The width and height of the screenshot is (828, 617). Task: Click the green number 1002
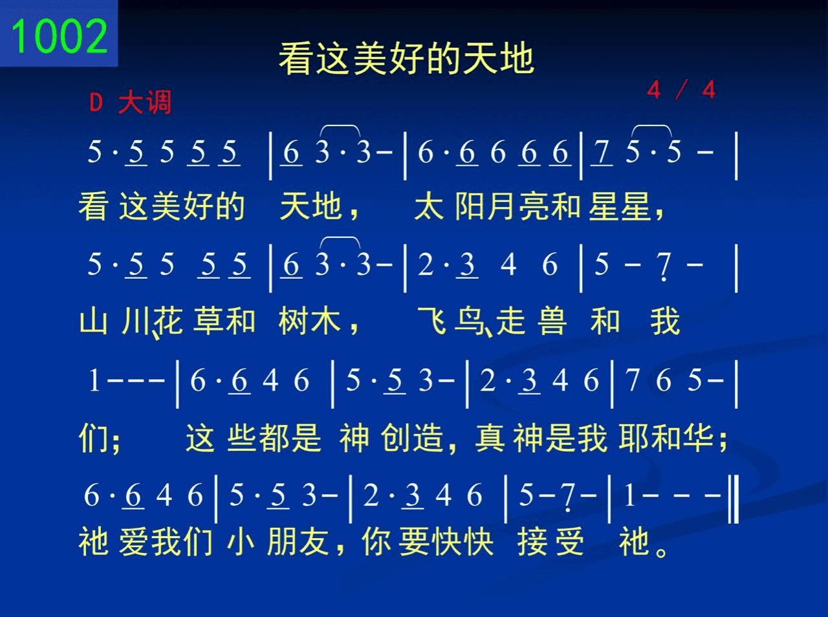tap(60, 36)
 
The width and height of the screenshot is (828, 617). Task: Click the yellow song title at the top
tap(406, 58)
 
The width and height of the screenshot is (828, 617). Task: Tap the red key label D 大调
tap(130, 102)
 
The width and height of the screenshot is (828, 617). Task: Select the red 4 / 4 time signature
tap(681, 90)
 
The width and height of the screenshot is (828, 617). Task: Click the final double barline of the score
tap(734, 499)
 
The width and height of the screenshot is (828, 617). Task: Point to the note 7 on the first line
tap(602, 153)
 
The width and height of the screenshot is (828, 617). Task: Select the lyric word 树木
tap(310, 321)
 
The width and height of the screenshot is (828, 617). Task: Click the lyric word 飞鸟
tap(451, 321)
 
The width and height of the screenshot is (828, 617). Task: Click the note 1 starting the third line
tap(94, 380)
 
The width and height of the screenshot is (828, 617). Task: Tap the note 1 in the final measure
tap(629, 495)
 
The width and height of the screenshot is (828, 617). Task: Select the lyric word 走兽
tap(531, 321)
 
